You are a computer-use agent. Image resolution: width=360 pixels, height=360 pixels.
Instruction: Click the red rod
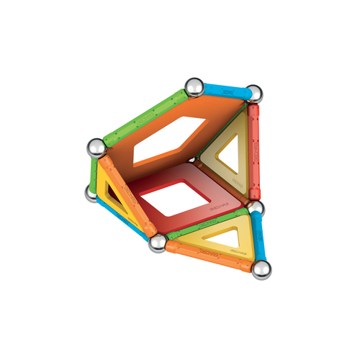[x=253, y=151]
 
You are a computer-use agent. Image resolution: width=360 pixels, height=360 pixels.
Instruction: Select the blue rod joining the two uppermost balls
[x=224, y=91]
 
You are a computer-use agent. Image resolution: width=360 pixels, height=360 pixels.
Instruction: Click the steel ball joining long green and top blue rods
[x=194, y=87]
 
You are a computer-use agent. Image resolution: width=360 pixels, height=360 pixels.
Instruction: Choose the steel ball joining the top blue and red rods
[x=253, y=93]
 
